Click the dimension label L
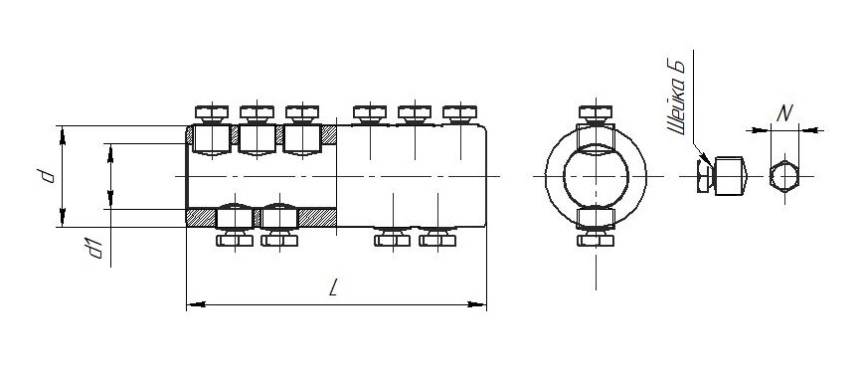pyautogui.click(x=333, y=287)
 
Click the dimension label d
pyautogui.click(x=48, y=176)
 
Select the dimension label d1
pyautogui.click(x=95, y=249)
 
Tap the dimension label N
pyautogui.click(x=784, y=113)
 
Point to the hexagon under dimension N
pyautogui.click(x=784, y=176)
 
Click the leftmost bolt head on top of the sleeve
pyautogui.click(x=212, y=113)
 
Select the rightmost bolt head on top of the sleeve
pyautogui.click(x=459, y=113)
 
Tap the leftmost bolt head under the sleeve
pyautogui.click(x=235, y=240)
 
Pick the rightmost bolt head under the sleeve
pyautogui.click(x=437, y=240)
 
